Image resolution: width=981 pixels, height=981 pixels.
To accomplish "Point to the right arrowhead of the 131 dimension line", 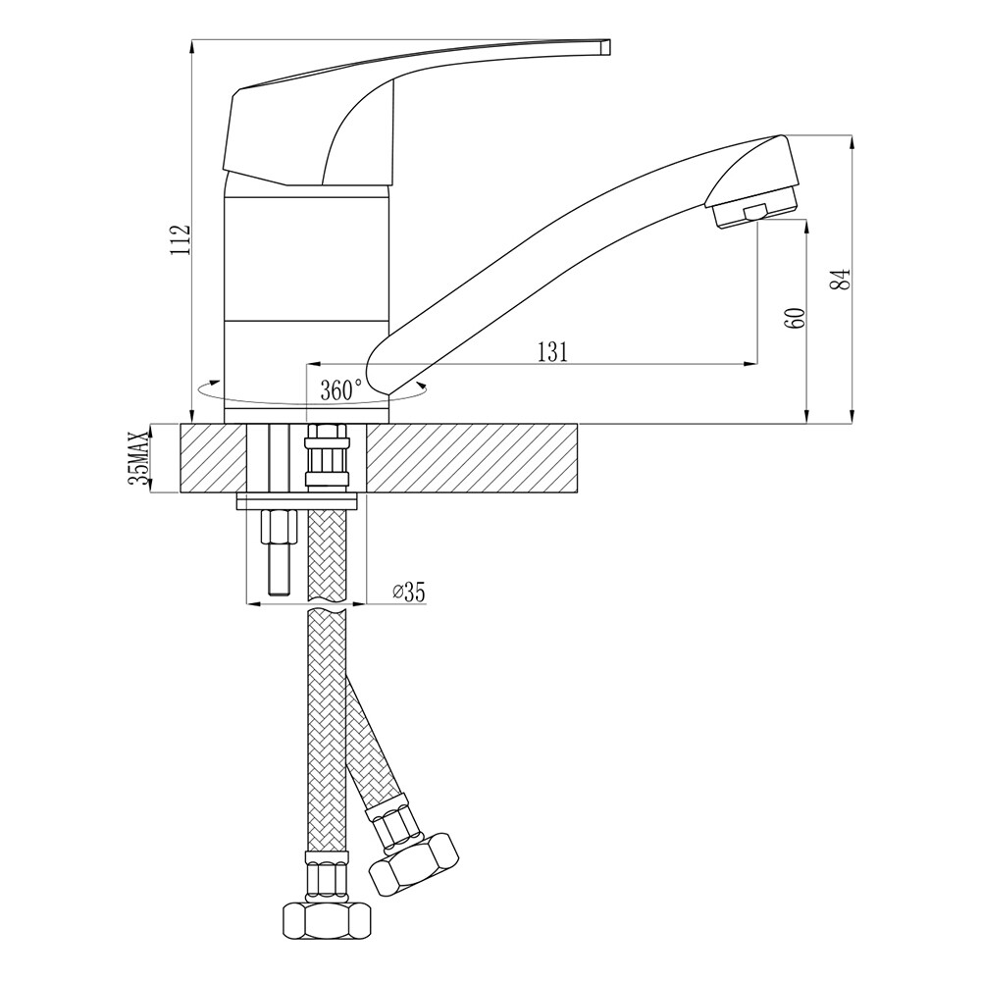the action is pyautogui.click(x=751, y=364).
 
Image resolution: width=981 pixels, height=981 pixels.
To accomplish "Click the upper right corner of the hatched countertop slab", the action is pyautogui.click(x=579, y=424).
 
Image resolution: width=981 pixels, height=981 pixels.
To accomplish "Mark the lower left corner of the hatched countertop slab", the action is pyautogui.click(x=181, y=493).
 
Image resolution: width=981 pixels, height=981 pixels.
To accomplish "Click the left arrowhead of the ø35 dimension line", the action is pyautogui.click(x=251, y=603).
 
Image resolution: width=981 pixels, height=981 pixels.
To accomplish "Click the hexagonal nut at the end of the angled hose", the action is pyautogui.click(x=414, y=863).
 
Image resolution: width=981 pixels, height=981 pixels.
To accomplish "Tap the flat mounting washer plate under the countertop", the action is pyautogui.click(x=297, y=500).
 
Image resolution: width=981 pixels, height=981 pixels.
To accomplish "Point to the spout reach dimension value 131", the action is pyautogui.click(x=552, y=352).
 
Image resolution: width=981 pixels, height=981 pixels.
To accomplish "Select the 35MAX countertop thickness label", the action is pyautogui.click(x=139, y=458).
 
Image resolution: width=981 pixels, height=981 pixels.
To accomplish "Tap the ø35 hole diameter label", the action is pyautogui.click(x=408, y=592).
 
